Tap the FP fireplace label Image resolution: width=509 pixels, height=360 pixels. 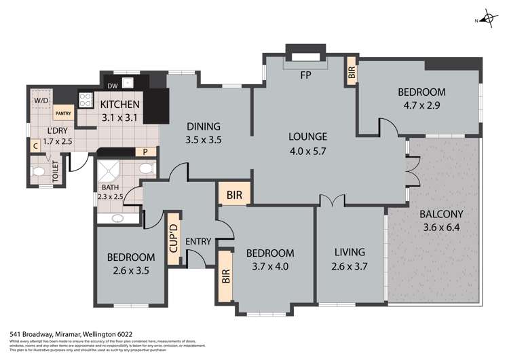tap(305, 75)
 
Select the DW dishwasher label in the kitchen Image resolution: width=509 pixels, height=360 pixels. tap(113, 86)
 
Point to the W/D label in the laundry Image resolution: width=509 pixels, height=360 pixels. tap(41, 101)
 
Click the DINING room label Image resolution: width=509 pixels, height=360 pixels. tap(204, 126)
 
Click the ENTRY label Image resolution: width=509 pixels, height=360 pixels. tap(197, 241)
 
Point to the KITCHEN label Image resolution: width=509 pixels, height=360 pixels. tap(120, 105)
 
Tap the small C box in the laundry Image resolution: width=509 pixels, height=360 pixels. tap(35, 144)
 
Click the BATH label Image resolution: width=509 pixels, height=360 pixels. tap(110, 187)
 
